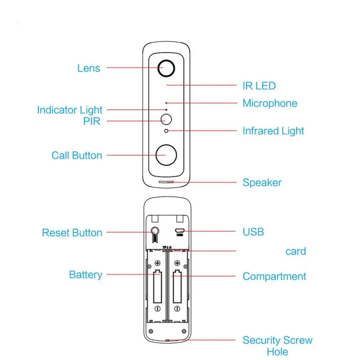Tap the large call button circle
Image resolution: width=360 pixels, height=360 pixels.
(166, 155)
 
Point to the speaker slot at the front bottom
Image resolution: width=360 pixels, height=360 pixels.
(166, 182)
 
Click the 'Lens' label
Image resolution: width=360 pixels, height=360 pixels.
(89, 68)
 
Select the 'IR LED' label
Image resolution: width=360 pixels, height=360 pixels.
(259, 86)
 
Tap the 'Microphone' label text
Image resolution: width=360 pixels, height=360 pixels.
(270, 103)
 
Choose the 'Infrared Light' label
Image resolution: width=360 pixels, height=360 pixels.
(273, 131)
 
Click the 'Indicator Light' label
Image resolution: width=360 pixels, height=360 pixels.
(70, 110)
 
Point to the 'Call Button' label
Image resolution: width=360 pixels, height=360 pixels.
(77, 155)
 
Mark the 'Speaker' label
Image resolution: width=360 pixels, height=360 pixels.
(262, 182)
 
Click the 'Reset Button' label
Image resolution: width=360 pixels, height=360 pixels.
(72, 233)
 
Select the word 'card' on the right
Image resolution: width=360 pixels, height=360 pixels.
(295, 251)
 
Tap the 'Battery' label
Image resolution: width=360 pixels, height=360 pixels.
(86, 275)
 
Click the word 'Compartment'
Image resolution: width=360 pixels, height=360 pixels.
(274, 276)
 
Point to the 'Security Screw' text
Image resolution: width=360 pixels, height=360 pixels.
(277, 340)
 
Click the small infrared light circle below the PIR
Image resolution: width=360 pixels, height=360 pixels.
(166, 131)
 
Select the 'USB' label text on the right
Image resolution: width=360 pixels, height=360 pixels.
(253, 232)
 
